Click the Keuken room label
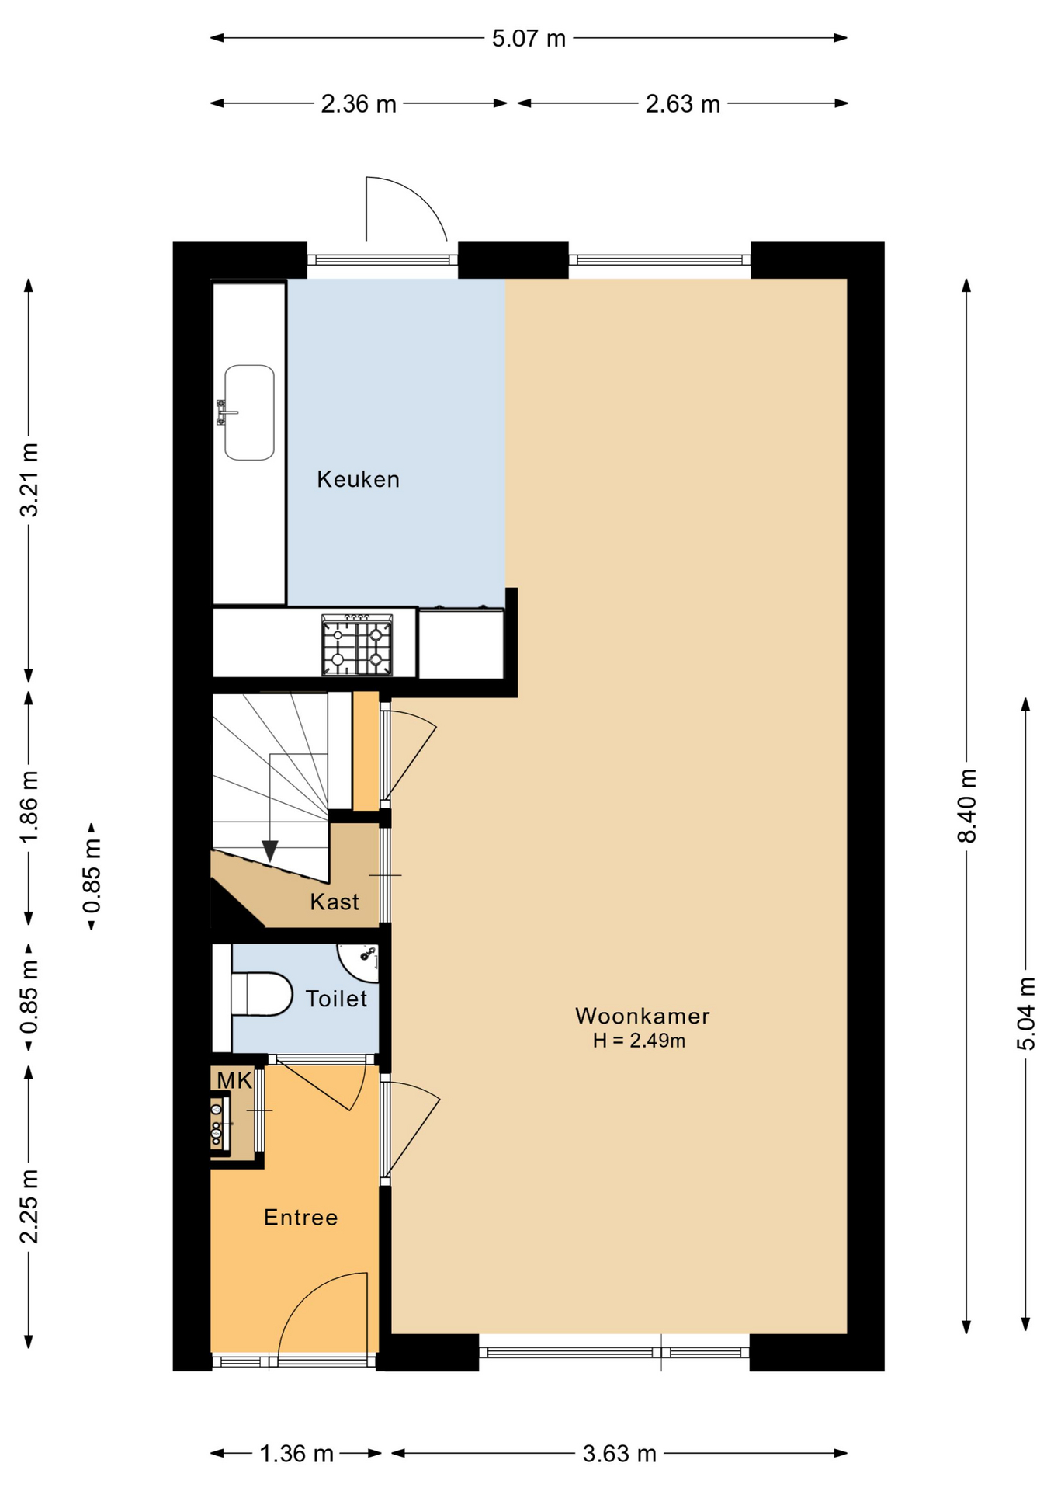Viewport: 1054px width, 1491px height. point(358,479)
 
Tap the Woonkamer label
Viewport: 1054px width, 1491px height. point(643,1016)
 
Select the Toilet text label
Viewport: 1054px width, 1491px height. point(336,999)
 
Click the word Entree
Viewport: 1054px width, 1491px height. point(301,1217)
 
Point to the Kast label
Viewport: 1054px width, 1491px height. point(335,902)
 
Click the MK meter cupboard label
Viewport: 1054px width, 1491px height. point(234,1080)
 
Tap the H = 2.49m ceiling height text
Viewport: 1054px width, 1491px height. point(639,1041)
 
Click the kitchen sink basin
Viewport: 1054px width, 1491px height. point(249,412)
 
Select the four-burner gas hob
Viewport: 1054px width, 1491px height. point(357,645)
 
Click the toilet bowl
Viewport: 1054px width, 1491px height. point(261,994)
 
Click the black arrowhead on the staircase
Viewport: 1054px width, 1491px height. point(270,851)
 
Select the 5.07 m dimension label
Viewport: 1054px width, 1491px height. point(529,38)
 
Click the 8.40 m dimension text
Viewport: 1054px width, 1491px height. point(967,805)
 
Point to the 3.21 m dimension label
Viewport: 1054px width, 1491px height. point(29,480)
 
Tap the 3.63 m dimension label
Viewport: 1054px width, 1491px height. point(619,1454)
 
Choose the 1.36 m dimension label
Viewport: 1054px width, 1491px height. point(296,1454)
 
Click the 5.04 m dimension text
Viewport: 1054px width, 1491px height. point(1026,1014)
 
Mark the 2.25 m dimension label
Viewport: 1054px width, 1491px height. point(29,1206)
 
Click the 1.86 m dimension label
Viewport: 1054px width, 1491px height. point(29,807)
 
